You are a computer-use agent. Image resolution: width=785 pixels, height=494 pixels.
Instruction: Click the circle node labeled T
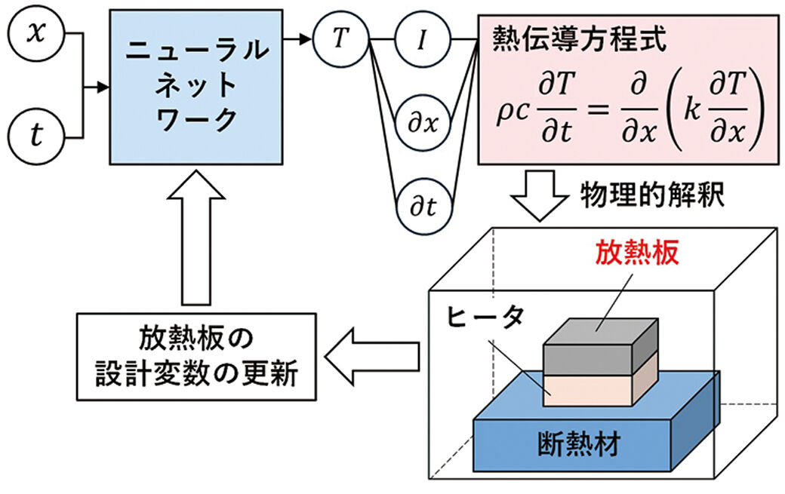click(341, 39)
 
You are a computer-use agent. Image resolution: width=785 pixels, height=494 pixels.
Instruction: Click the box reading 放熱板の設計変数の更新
click(194, 357)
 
